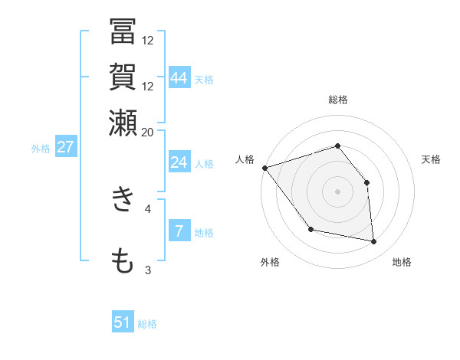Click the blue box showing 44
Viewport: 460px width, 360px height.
(x=179, y=78)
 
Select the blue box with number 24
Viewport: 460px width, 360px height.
(x=179, y=162)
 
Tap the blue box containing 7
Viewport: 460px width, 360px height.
(x=179, y=231)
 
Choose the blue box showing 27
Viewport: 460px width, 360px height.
(x=65, y=147)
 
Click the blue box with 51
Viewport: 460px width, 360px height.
(x=123, y=322)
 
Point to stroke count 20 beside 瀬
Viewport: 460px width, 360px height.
(x=147, y=132)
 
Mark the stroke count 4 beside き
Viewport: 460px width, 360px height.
(x=148, y=208)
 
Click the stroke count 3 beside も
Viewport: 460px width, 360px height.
(x=148, y=270)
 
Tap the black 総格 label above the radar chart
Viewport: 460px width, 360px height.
(x=337, y=100)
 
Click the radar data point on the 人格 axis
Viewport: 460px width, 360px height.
(x=264, y=168)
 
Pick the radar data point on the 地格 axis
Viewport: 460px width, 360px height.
(x=374, y=242)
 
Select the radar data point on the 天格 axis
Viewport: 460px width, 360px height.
(x=367, y=182)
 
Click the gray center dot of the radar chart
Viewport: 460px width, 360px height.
(x=337, y=191)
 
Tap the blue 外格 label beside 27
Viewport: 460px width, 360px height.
(x=40, y=149)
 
